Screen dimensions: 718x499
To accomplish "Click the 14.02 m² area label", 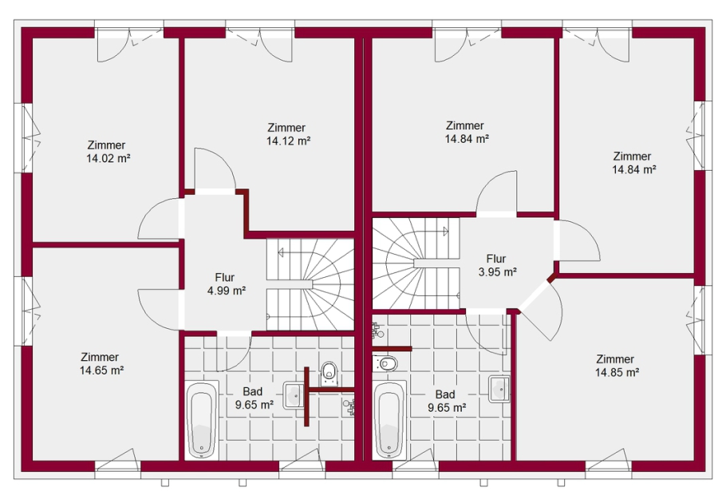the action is [x=108, y=159].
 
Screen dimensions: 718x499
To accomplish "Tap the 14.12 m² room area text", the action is [x=289, y=141].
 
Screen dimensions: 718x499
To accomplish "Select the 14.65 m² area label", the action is [x=101, y=370].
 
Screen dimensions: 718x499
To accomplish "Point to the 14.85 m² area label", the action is [x=617, y=373].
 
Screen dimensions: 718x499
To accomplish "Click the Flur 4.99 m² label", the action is [x=227, y=284].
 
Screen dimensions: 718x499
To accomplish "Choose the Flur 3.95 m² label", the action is [x=497, y=265].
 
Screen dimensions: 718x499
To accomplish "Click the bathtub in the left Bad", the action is [x=202, y=420].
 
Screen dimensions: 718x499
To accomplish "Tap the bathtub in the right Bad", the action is [x=389, y=420].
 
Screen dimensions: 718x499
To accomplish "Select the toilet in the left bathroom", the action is [x=329, y=373].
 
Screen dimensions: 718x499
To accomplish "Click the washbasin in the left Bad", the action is [x=294, y=395].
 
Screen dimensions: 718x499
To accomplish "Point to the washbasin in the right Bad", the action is [x=499, y=389].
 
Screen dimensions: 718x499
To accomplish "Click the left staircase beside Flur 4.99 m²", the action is [x=310, y=284].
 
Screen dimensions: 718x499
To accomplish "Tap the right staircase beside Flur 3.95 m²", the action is [x=416, y=263].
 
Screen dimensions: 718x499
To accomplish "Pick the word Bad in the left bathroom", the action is [x=253, y=392].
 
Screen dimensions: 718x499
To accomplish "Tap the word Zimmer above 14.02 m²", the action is [x=106, y=145].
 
